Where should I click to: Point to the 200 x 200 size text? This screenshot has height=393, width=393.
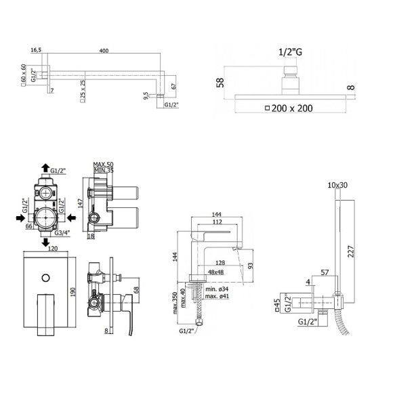[x=293, y=107]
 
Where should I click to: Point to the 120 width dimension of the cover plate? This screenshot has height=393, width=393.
[x=54, y=249]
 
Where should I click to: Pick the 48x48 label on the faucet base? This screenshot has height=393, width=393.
[x=217, y=272]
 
